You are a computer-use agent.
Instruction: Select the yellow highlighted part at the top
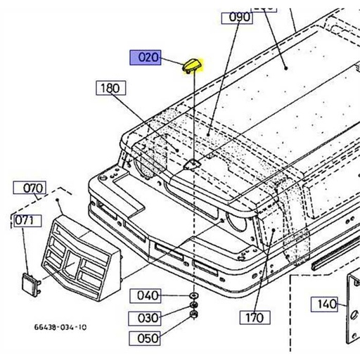[191, 65]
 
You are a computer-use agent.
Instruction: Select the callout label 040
[148, 295]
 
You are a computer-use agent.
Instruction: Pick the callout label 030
[148, 317]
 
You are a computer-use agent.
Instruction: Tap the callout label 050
[148, 338]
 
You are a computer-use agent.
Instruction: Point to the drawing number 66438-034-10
[60, 327]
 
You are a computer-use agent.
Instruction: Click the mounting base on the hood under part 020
[193, 164]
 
